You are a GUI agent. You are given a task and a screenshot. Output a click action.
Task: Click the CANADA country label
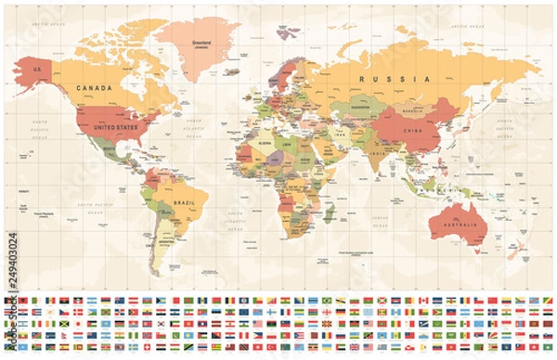pyautogui.click(x=95, y=87)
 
